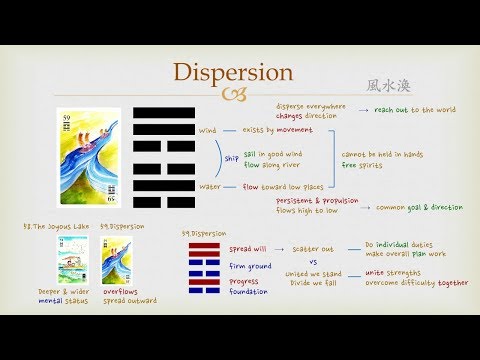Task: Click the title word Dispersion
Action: point(234,74)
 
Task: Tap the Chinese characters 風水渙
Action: point(386,87)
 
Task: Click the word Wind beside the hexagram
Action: point(208,130)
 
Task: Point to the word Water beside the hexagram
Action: point(208,185)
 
